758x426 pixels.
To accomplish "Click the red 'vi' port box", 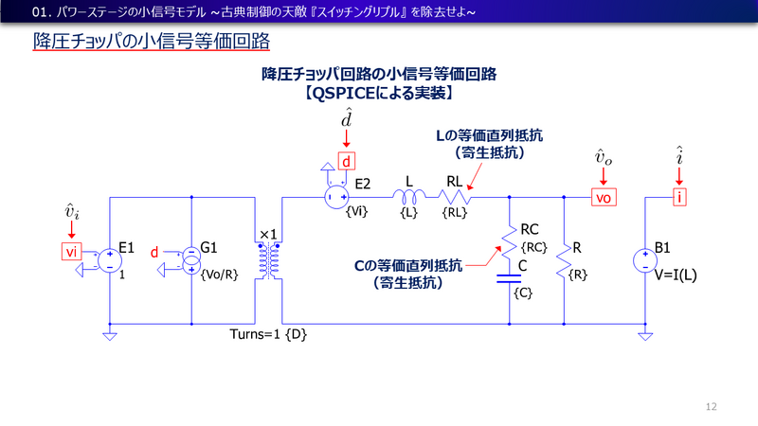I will pos(71,251).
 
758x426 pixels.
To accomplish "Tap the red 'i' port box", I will pos(678,197).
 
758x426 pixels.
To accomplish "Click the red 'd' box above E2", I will pos(348,160).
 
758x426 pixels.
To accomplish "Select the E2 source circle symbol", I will pos(334,197).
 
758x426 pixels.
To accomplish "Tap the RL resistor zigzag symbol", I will pos(454,197).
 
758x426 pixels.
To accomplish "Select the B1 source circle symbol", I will pos(645,257).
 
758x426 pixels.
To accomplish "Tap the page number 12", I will pos(712,407).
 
